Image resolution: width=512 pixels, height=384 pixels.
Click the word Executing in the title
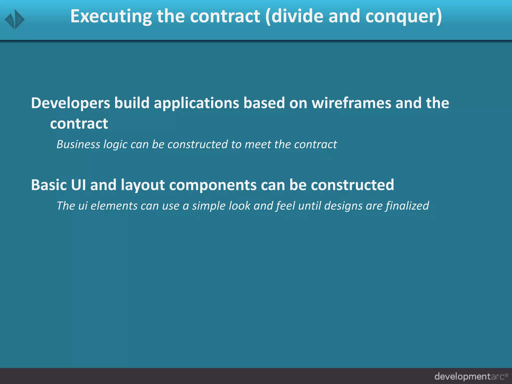tap(111, 16)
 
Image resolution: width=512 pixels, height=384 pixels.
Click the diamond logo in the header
tap(15, 19)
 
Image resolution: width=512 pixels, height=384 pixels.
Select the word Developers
tap(70, 103)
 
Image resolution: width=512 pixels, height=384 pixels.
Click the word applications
tap(196, 103)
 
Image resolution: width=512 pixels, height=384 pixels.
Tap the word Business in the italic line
tap(78, 144)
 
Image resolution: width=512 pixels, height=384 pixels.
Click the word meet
tap(258, 144)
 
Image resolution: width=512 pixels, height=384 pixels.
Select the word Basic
tap(49, 185)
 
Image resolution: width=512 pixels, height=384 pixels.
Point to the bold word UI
tap(78, 185)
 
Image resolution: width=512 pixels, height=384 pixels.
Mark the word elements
tap(114, 206)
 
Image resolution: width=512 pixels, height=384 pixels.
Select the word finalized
tap(407, 206)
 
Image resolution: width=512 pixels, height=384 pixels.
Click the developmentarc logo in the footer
tap(471, 376)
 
